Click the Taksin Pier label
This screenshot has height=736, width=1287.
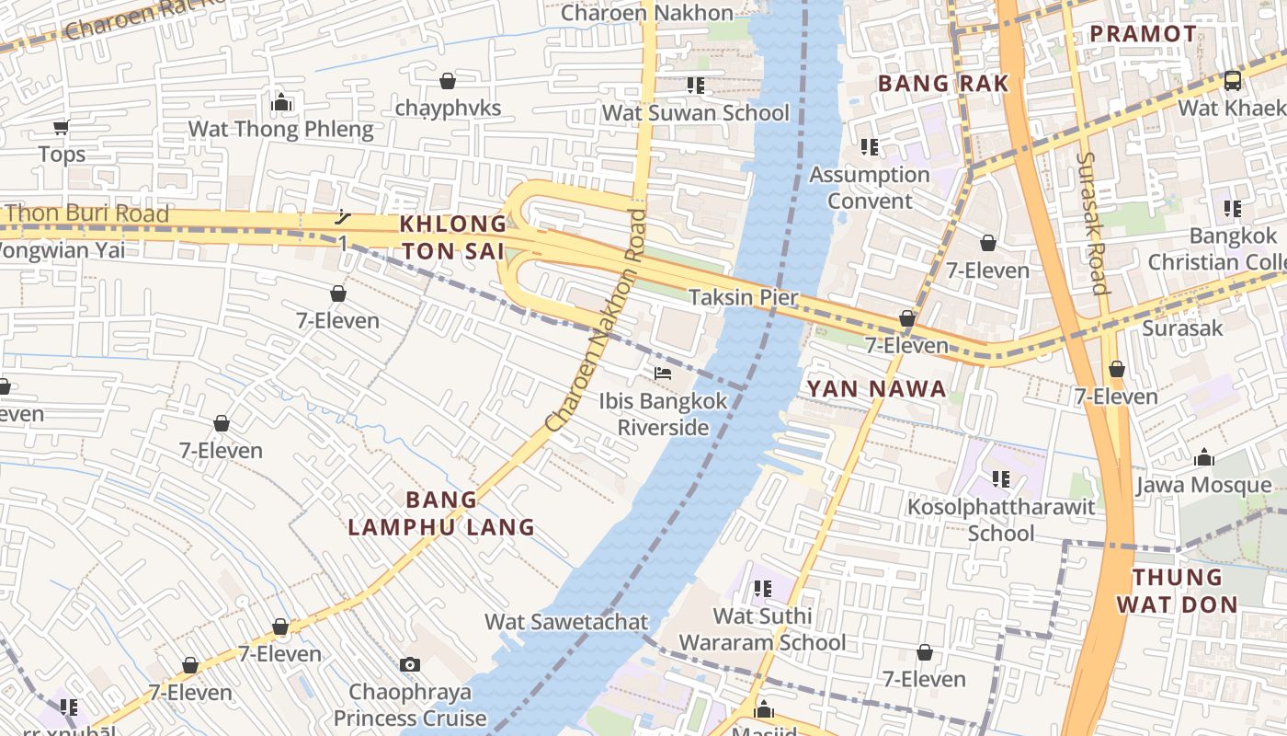point(744,297)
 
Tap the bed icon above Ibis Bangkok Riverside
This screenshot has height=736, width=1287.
point(662,374)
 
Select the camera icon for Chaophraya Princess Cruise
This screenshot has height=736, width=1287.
point(410,664)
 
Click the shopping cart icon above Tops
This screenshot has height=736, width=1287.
point(61,127)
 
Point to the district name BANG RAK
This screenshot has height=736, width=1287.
point(943,84)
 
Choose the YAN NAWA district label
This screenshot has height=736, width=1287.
point(876,388)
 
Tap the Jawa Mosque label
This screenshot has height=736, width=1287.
point(1204,485)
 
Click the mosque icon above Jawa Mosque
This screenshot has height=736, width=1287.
point(1203,457)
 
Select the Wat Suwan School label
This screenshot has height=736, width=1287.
point(695,113)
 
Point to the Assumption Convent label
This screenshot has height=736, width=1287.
point(870,188)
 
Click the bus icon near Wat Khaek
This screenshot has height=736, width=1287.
point(1232,81)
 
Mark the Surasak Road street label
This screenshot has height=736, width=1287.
point(1091,223)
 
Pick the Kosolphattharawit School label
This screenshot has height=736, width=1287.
point(1001,520)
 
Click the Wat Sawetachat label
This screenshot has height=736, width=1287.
point(566,622)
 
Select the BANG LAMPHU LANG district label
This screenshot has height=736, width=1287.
point(441,513)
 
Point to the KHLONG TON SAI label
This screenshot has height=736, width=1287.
point(452,237)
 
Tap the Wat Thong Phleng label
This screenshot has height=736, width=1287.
point(280,129)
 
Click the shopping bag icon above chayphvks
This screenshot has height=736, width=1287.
point(448,82)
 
